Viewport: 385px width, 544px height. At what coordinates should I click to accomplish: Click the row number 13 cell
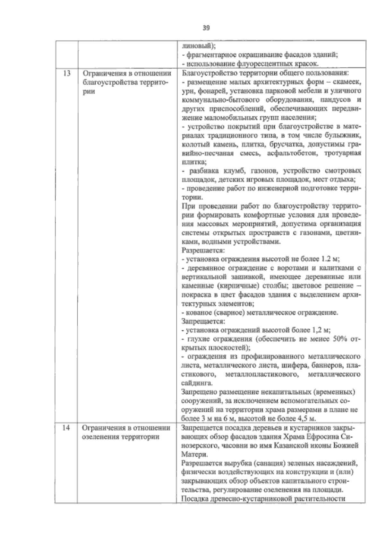[x=66, y=73]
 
